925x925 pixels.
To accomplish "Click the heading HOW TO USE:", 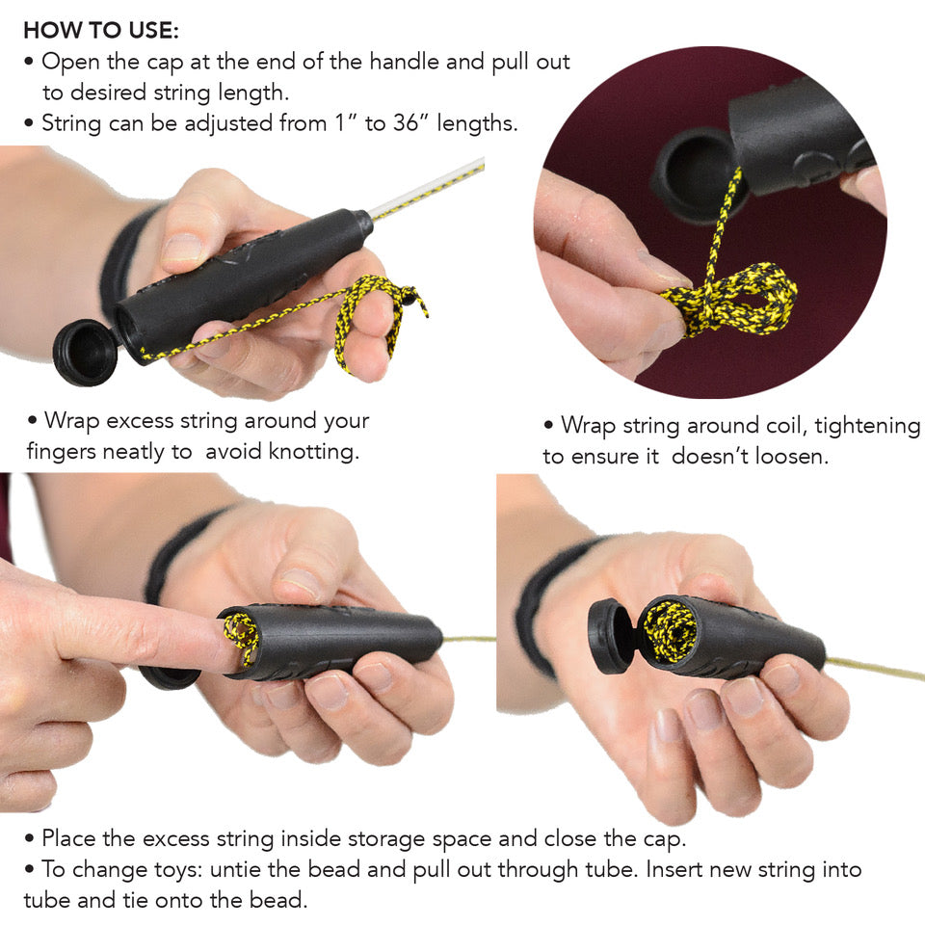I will [100, 30].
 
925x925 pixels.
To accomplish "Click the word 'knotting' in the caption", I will [309, 451].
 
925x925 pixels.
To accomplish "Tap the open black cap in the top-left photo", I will [85, 351].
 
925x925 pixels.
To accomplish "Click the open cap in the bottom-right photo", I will [610, 635].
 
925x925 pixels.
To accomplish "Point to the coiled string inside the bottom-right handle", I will [671, 629].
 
